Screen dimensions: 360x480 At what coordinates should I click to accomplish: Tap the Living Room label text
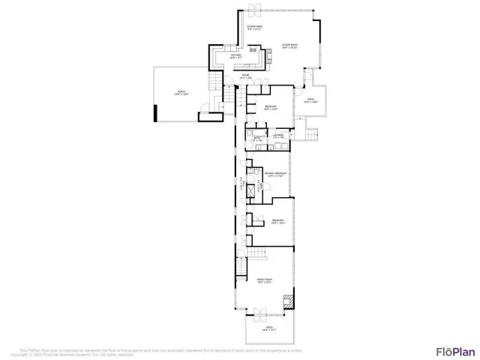click(x=289, y=47)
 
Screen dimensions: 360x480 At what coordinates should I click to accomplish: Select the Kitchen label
click(x=235, y=55)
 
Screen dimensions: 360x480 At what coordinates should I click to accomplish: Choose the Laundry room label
click(x=277, y=136)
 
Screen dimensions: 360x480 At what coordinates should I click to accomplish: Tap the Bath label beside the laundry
click(x=256, y=139)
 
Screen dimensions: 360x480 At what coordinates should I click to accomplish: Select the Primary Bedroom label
click(x=276, y=175)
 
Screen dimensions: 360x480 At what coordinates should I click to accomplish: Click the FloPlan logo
click(x=455, y=351)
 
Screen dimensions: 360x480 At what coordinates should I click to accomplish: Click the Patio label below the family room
click(x=268, y=329)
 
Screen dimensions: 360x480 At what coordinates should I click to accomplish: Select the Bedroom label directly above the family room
click(x=278, y=221)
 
